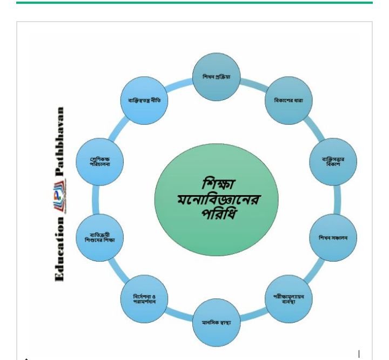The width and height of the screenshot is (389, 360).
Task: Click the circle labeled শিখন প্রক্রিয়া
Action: point(216,77)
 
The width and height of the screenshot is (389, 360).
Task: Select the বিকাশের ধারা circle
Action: point(289,101)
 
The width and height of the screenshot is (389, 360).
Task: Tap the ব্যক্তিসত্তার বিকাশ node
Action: point(333,162)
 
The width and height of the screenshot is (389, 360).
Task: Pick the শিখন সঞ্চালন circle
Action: point(333,238)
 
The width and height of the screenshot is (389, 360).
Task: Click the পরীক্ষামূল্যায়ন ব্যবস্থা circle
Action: point(289,299)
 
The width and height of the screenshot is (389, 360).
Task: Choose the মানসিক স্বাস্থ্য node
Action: point(216,323)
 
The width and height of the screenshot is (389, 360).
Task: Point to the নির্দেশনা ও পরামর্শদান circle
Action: point(144,299)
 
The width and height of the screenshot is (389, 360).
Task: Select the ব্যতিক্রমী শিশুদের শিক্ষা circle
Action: point(100,238)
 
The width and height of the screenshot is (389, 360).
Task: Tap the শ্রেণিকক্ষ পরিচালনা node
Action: point(100,162)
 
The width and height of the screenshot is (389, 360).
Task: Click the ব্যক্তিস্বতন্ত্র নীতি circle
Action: point(144,101)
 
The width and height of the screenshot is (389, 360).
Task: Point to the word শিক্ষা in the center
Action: point(218,183)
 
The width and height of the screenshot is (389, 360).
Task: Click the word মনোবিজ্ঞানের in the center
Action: point(218,199)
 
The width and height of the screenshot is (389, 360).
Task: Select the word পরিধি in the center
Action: point(218,214)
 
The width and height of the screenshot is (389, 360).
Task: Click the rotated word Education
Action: point(59,249)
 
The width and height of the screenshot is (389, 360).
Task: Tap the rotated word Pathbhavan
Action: point(59,141)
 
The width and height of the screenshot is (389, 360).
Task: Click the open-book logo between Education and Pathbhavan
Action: point(60,197)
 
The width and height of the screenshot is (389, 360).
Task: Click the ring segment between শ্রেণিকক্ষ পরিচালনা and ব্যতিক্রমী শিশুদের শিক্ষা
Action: point(96,199)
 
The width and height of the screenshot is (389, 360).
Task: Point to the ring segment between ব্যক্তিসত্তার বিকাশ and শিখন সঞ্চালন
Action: point(337,199)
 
